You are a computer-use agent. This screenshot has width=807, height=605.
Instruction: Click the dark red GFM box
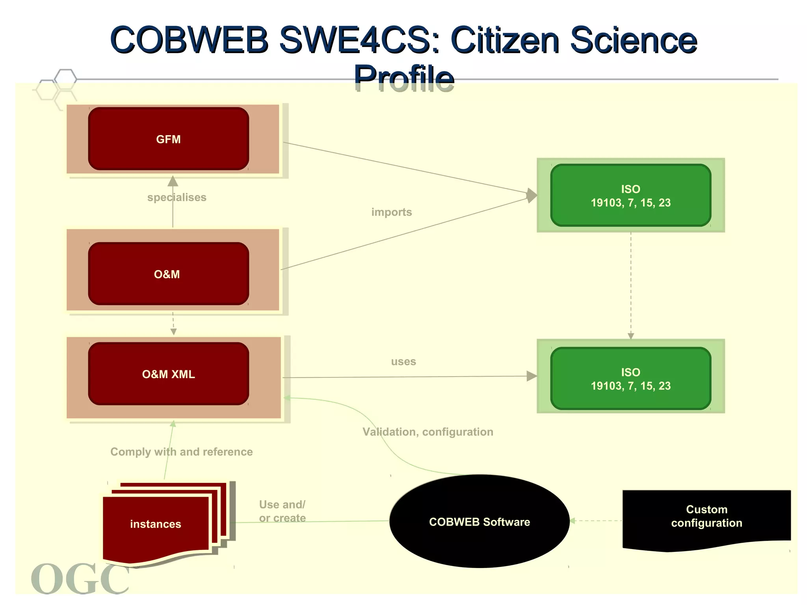pyautogui.click(x=168, y=139)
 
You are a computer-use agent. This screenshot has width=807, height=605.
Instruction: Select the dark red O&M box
pyautogui.click(x=168, y=274)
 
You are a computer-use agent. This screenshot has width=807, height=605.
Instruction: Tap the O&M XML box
pyautogui.click(x=168, y=374)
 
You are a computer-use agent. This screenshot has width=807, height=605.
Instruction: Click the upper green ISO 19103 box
pyautogui.click(x=630, y=195)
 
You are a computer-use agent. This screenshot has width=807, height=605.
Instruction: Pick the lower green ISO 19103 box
pyautogui.click(x=630, y=379)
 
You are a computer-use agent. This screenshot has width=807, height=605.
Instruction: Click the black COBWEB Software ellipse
pyautogui.click(x=479, y=521)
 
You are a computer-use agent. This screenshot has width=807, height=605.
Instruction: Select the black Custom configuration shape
pyautogui.click(x=706, y=516)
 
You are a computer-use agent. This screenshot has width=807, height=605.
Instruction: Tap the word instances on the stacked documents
pyautogui.click(x=156, y=524)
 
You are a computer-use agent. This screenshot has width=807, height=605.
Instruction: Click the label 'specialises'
pyautogui.click(x=177, y=197)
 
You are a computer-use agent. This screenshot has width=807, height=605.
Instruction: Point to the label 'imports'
pyautogui.click(x=391, y=212)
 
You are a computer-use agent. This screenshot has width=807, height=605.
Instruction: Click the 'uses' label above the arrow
pyautogui.click(x=403, y=362)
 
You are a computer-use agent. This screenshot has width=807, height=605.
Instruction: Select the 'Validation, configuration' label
pyautogui.click(x=428, y=432)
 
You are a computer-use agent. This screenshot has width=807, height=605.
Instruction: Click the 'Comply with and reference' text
pyautogui.click(x=181, y=452)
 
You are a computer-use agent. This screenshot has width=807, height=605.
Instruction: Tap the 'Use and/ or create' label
pyautogui.click(x=282, y=511)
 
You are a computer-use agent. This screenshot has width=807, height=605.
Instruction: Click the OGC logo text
pyautogui.click(x=80, y=579)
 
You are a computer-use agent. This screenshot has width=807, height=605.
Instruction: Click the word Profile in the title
pyautogui.click(x=404, y=78)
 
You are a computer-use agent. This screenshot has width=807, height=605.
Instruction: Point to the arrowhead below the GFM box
pyautogui.click(x=173, y=181)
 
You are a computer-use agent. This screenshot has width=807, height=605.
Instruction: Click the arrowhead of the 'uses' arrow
pyautogui.click(x=532, y=376)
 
